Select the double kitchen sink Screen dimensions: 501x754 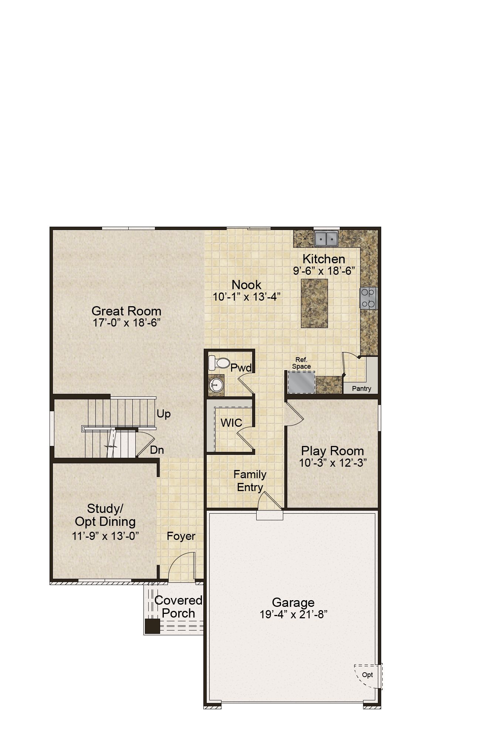pyautogui.click(x=326, y=239)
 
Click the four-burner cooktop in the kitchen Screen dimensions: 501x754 pyautogui.click(x=368, y=298)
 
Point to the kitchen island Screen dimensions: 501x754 pyautogui.click(x=314, y=303)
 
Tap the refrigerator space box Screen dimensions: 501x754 pyautogui.click(x=301, y=382)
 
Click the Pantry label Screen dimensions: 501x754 pyautogui.click(x=361, y=389)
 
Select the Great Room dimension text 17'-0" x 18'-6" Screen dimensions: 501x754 pyautogui.click(x=126, y=323)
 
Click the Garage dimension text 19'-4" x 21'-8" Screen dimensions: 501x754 pyautogui.click(x=294, y=615)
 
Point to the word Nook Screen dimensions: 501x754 pyautogui.click(x=246, y=285)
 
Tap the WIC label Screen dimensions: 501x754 pyautogui.click(x=231, y=423)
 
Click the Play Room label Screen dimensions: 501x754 pyautogui.click(x=332, y=451)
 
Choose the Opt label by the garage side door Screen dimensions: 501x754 pyautogui.click(x=367, y=675)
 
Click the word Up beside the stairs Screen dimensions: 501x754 pyautogui.click(x=163, y=414)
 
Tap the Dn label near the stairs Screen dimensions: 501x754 pyautogui.click(x=157, y=450)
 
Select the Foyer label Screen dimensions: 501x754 pyautogui.click(x=181, y=536)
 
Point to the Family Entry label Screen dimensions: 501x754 pyautogui.click(x=250, y=481)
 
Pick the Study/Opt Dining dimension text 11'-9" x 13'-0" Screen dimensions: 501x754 pyautogui.click(x=105, y=536)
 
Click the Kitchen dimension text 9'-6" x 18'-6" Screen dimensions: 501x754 pyautogui.click(x=324, y=271)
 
